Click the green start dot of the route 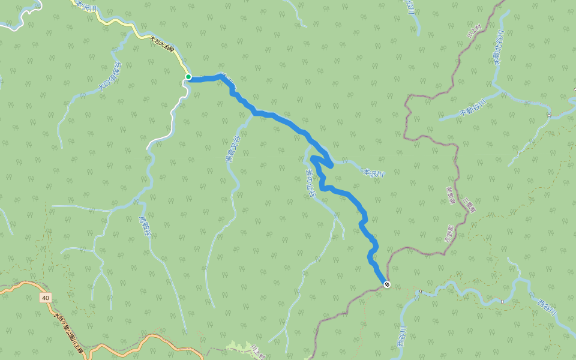tap(188, 77)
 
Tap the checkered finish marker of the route tap(387, 284)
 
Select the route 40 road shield tap(46, 298)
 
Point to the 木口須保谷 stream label tap(110, 77)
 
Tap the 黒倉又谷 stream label tap(232, 150)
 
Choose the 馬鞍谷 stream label tap(143, 227)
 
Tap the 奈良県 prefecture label tap(450, 195)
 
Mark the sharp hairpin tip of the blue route tap(332, 164)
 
